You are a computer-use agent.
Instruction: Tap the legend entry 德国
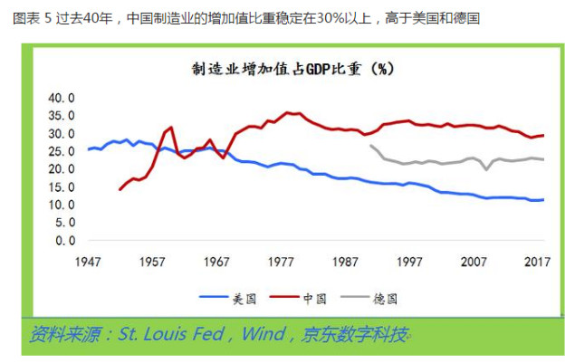pyautogui.click(x=384, y=296)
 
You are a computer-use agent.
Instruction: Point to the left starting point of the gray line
pyautogui.click(x=370, y=145)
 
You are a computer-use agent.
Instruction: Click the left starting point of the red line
pyautogui.click(x=120, y=189)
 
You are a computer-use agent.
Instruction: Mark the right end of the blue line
pyautogui.click(x=543, y=200)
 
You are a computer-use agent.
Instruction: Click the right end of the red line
pyautogui.click(x=543, y=136)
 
